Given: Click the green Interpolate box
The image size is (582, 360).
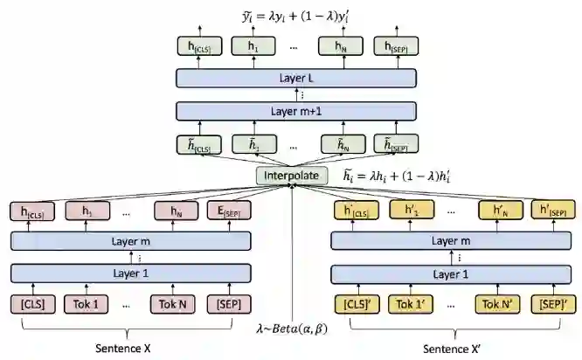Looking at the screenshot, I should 292,176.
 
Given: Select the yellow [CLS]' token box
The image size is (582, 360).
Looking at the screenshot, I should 354,304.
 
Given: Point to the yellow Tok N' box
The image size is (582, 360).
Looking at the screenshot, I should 495,304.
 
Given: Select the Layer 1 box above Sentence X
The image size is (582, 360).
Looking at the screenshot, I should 131,273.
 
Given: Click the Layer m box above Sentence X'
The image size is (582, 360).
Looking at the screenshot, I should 452,240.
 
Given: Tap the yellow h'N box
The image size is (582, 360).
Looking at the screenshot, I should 495,210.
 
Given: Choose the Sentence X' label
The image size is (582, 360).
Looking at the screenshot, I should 452,348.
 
